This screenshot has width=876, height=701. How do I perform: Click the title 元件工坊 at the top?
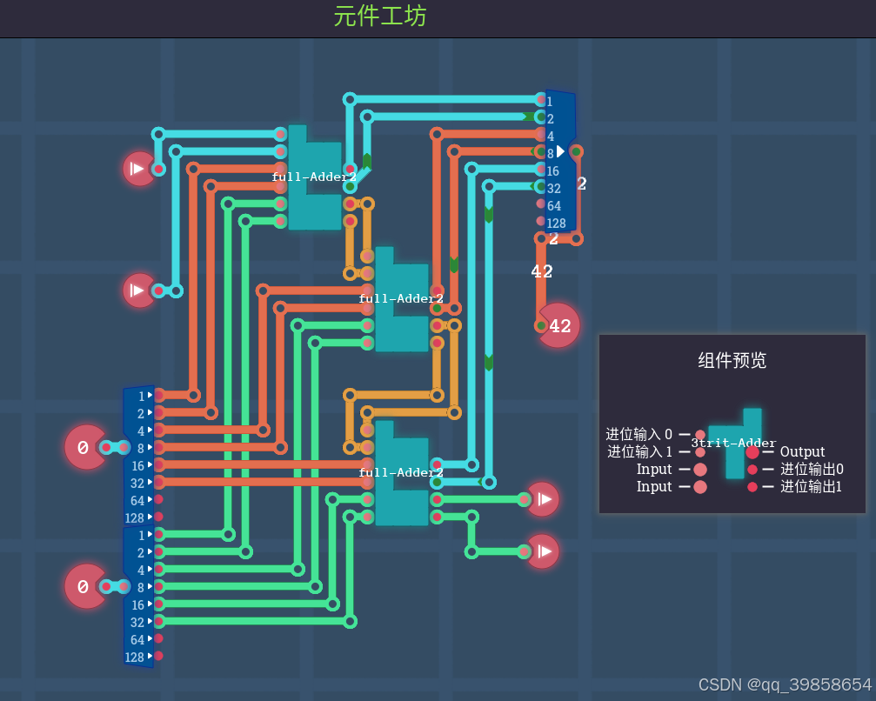(x=379, y=16)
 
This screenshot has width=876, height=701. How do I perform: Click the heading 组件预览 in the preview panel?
(x=732, y=360)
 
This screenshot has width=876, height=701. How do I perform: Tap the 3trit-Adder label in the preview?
(x=733, y=443)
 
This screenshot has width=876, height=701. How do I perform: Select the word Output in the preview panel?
(x=802, y=451)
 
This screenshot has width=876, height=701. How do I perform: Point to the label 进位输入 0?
(x=639, y=434)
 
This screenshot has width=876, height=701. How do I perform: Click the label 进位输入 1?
(x=639, y=451)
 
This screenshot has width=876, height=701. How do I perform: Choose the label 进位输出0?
(x=812, y=469)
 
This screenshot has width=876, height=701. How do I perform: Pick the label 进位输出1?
(x=812, y=486)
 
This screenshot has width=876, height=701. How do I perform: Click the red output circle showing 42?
(x=559, y=326)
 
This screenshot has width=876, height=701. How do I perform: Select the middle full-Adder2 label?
(x=401, y=298)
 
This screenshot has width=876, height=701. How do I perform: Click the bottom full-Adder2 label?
(x=401, y=472)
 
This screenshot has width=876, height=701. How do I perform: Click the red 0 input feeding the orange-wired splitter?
(x=85, y=448)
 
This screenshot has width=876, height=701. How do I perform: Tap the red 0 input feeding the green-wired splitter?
(x=85, y=587)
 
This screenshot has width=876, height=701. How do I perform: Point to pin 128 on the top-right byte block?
(x=556, y=223)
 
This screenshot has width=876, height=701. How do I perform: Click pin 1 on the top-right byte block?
(x=550, y=101)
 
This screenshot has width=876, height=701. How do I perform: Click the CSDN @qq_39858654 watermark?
(x=785, y=684)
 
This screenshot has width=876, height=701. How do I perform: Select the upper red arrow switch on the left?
(x=137, y=169)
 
